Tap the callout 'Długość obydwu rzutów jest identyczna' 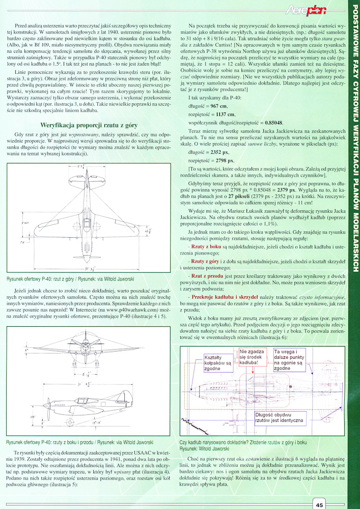click(x=278, y=417)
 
